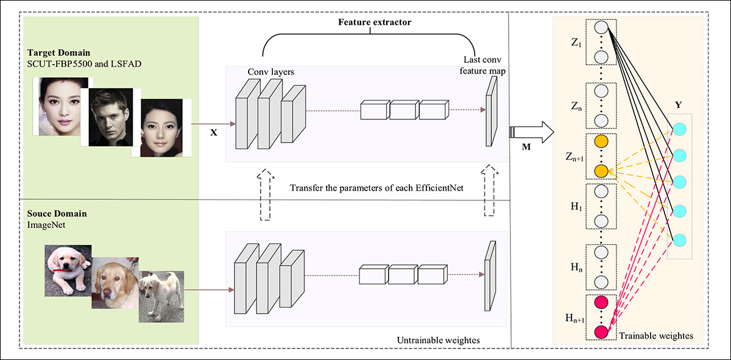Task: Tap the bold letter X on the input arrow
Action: click(x=214, y=132)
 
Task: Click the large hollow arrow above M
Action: click(x=531, y=130)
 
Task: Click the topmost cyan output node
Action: click(x=679, y=129)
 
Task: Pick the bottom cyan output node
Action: click(x=679, y=239)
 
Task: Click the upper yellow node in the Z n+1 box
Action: click(x=601, y=141)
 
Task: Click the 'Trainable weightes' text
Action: click(x=655, y=336)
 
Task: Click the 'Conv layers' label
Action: click(x=270, y=72)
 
